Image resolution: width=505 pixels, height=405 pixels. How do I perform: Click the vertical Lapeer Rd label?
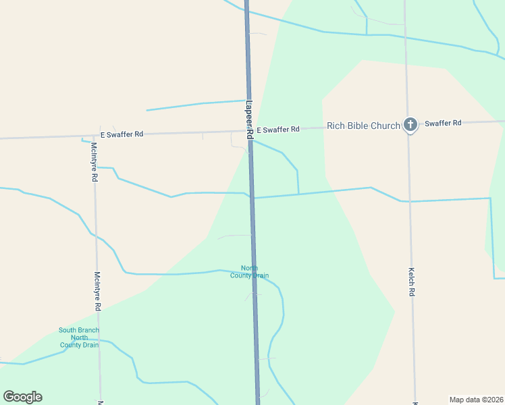pos(248,120)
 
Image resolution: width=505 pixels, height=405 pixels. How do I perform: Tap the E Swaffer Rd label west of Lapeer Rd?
pos(122,134)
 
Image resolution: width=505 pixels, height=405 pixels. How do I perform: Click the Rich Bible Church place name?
pos(363,126)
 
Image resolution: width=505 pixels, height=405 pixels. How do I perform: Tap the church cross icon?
pos(409,125)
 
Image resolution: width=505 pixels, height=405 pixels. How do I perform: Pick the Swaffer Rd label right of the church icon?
pos(443,123)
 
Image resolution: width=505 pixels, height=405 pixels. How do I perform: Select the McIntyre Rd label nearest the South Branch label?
pos(97,291)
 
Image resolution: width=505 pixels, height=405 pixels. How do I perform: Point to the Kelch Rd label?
pos(411,282)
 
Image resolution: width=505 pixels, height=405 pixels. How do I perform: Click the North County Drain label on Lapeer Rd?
pos(250,272)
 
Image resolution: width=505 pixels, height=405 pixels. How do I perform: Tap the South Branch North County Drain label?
pos(79,337)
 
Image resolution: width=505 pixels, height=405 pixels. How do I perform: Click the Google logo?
pos(23,397)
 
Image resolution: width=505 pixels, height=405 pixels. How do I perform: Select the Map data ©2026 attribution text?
pos(477,399)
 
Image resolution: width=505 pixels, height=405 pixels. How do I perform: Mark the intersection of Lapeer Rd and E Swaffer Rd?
pos(250,131)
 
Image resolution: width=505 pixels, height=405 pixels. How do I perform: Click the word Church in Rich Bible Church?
pos(386,126)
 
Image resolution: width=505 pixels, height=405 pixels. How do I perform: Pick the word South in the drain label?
pos(68,330)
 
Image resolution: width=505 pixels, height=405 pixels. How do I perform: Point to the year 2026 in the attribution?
pos(494,399)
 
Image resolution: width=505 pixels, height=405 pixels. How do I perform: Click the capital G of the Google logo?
pos(9,397)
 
